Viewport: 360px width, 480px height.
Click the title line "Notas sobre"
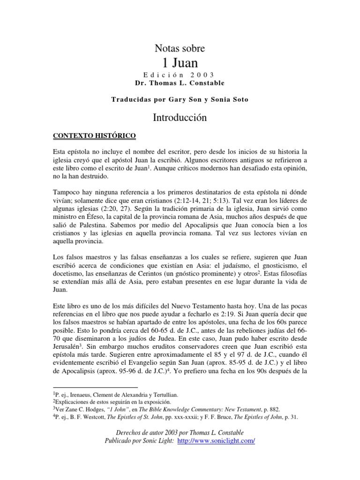pos(180,48)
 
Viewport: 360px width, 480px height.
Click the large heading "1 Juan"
pos(180,63)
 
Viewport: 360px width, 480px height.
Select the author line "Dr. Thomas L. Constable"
pos(180,83)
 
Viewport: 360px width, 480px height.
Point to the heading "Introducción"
pos(180,118)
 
